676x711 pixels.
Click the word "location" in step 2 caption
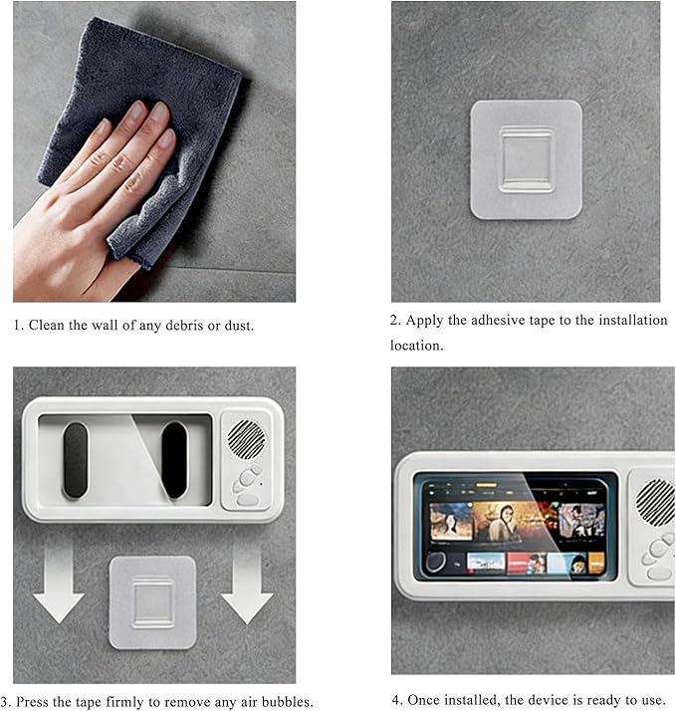(x=415, y=346)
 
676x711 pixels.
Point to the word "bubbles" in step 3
(x=286, y=701)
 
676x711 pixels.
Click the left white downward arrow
(x=58, y=584)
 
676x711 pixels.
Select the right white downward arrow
(x=247, y=584)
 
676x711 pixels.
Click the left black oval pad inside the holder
(x=76, y=461)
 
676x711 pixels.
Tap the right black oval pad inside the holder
(x=174, y=461)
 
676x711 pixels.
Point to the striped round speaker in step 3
(x=246, y=439)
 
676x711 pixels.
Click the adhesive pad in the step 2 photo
(x=526, y=160)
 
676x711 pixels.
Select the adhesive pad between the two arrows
(x=152, y=602)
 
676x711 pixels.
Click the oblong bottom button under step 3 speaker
(x=248, y=500)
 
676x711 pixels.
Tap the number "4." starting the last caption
(x=397, y=700)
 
